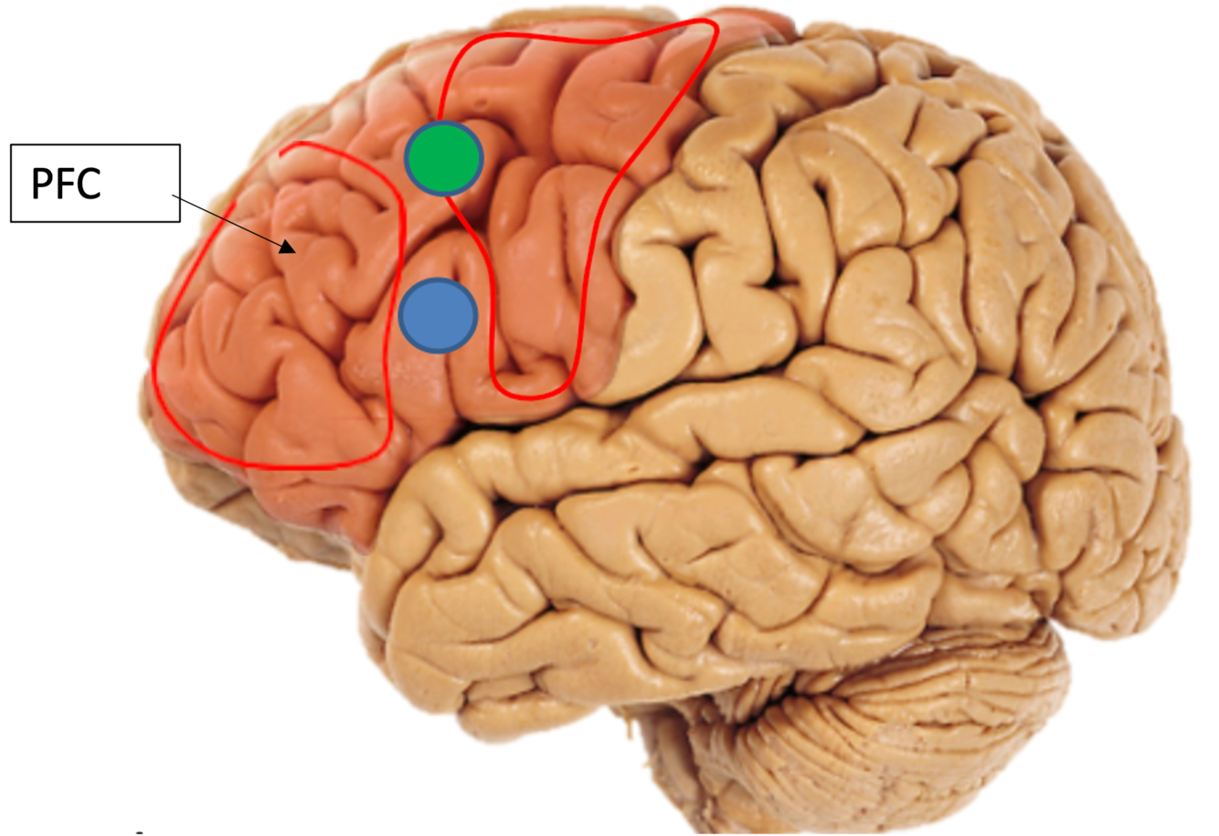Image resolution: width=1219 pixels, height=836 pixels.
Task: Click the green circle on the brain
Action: [443, 158]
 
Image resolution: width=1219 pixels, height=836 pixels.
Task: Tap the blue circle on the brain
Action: [439, 315]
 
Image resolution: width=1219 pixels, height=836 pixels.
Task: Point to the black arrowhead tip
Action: [288, 247]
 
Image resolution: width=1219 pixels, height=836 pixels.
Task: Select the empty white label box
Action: [154, 183]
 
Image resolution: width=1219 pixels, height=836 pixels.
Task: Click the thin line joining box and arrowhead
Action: [228, 219]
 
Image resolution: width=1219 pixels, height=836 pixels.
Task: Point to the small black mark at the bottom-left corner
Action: [139, 832]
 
